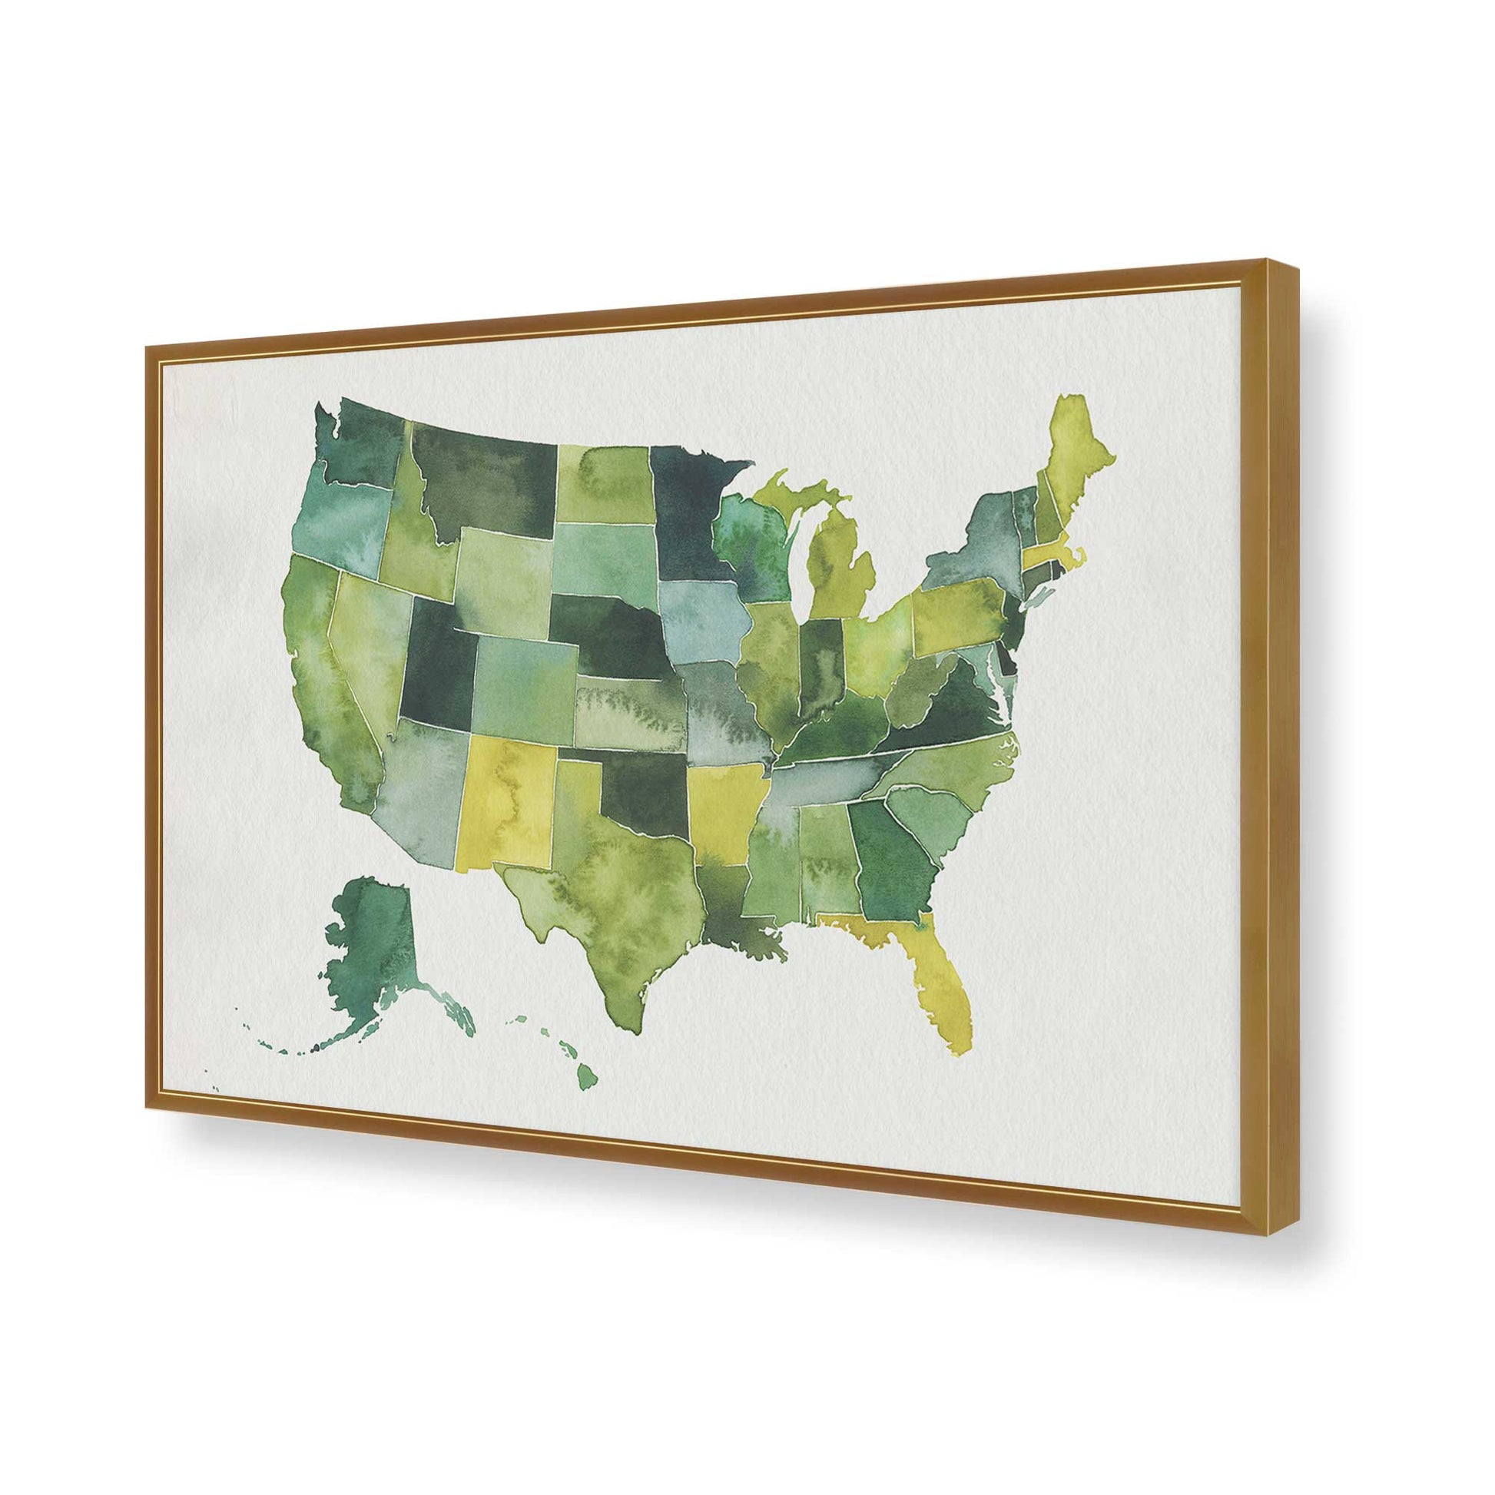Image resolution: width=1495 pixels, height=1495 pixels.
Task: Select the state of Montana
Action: (479, 479)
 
